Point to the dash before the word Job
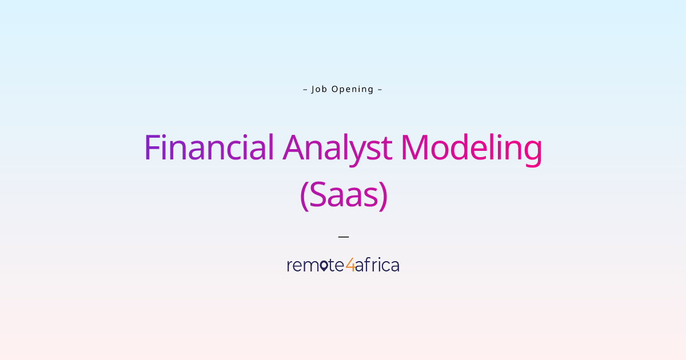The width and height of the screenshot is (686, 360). point(305,89)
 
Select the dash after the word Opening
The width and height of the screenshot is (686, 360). point(380,89)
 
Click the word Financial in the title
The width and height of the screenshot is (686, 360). point(209,147)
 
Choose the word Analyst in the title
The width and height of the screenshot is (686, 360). point(337,147)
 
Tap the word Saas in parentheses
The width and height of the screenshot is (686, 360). point(344,195)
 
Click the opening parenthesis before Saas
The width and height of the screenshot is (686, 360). point(304,195)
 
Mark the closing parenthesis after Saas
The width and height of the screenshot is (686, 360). point(384,195)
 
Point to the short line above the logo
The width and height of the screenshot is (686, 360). point(343,236)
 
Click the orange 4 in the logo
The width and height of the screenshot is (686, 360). point(350,265)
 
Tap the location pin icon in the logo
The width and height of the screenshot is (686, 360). point(324,266)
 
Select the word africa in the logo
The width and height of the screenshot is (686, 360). point(377,265)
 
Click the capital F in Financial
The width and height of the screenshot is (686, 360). point(151,147)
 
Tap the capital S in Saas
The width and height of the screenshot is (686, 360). point(317,195)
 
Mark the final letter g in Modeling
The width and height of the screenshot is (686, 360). point(531,151)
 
